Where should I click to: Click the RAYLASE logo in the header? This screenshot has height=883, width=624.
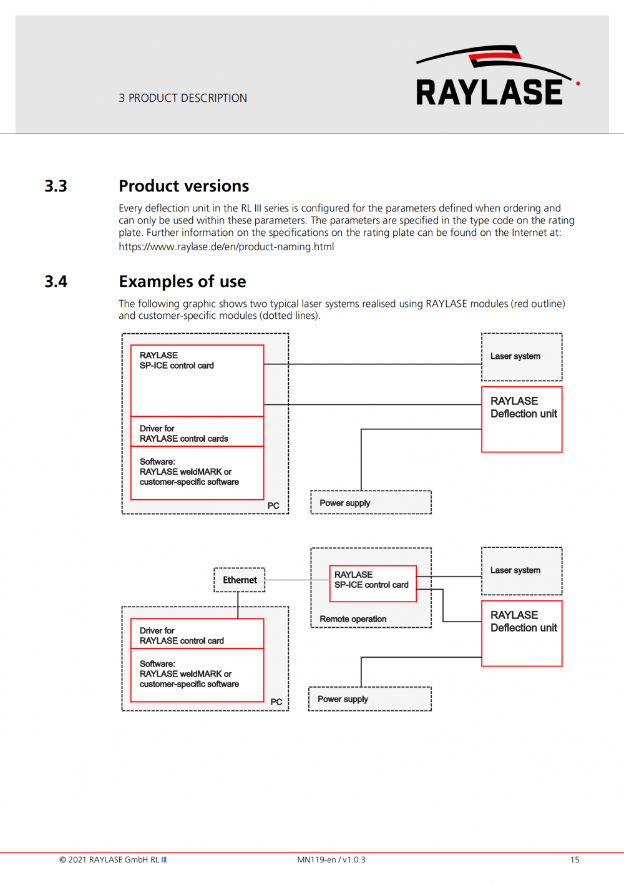pos(497,76)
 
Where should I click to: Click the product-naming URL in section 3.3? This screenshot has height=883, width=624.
pos(227,246)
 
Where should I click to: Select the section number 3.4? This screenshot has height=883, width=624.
pos(56,281)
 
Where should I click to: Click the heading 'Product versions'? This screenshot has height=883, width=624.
pos(183,186)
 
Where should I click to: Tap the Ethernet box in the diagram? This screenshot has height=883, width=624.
pos(239,580)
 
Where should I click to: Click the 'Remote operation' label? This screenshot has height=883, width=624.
pos(353,619)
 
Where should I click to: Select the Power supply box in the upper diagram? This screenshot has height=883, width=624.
pos(371,502)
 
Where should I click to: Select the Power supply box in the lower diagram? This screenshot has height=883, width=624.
pos(370,699)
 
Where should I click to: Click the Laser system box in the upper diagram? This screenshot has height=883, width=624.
pos(522,357)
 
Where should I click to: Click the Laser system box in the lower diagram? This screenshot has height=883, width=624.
pos(522,571)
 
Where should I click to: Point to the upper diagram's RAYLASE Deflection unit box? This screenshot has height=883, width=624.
pos(522,419)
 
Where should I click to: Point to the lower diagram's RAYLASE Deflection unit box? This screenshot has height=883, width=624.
pos(522,633)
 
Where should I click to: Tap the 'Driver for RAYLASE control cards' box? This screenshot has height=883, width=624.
pos(197,431)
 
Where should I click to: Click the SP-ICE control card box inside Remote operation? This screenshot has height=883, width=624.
pos(373,584)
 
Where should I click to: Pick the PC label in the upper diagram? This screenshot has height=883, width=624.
pos(273,505)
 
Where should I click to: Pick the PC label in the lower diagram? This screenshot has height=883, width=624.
pos(276,701)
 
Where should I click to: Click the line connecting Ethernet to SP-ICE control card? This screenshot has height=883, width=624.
pos(297,580)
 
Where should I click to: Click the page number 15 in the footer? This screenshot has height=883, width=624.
pos(575,860)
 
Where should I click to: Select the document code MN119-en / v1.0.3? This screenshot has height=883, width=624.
pos(331,860)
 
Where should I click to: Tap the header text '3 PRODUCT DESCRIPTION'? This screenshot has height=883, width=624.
pos(183,98)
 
